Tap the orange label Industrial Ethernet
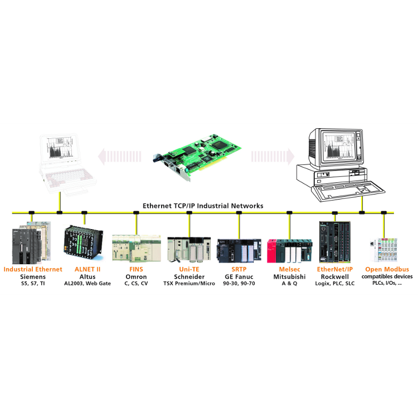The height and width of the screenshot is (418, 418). [x=33, y=269]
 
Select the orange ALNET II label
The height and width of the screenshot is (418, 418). [x=88, y=269]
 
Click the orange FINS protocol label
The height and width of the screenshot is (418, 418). [x=136, y=269]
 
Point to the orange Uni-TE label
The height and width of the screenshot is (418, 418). [x=189, y=269]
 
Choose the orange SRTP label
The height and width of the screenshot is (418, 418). [x=239, y=269]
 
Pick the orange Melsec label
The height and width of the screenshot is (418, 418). [x=289, y=269]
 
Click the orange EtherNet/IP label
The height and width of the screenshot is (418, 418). [x=334, y=269]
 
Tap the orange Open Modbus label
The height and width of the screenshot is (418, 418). [x=387, y=269]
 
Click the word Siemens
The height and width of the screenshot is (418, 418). [x=33, y=276]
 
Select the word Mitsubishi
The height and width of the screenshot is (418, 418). [x=289, y=276]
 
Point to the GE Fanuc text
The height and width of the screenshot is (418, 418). [x=239, y=276]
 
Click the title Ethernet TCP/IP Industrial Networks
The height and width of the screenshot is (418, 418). [x=203, y=206]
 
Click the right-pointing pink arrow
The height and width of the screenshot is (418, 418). [x=273, y=155]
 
